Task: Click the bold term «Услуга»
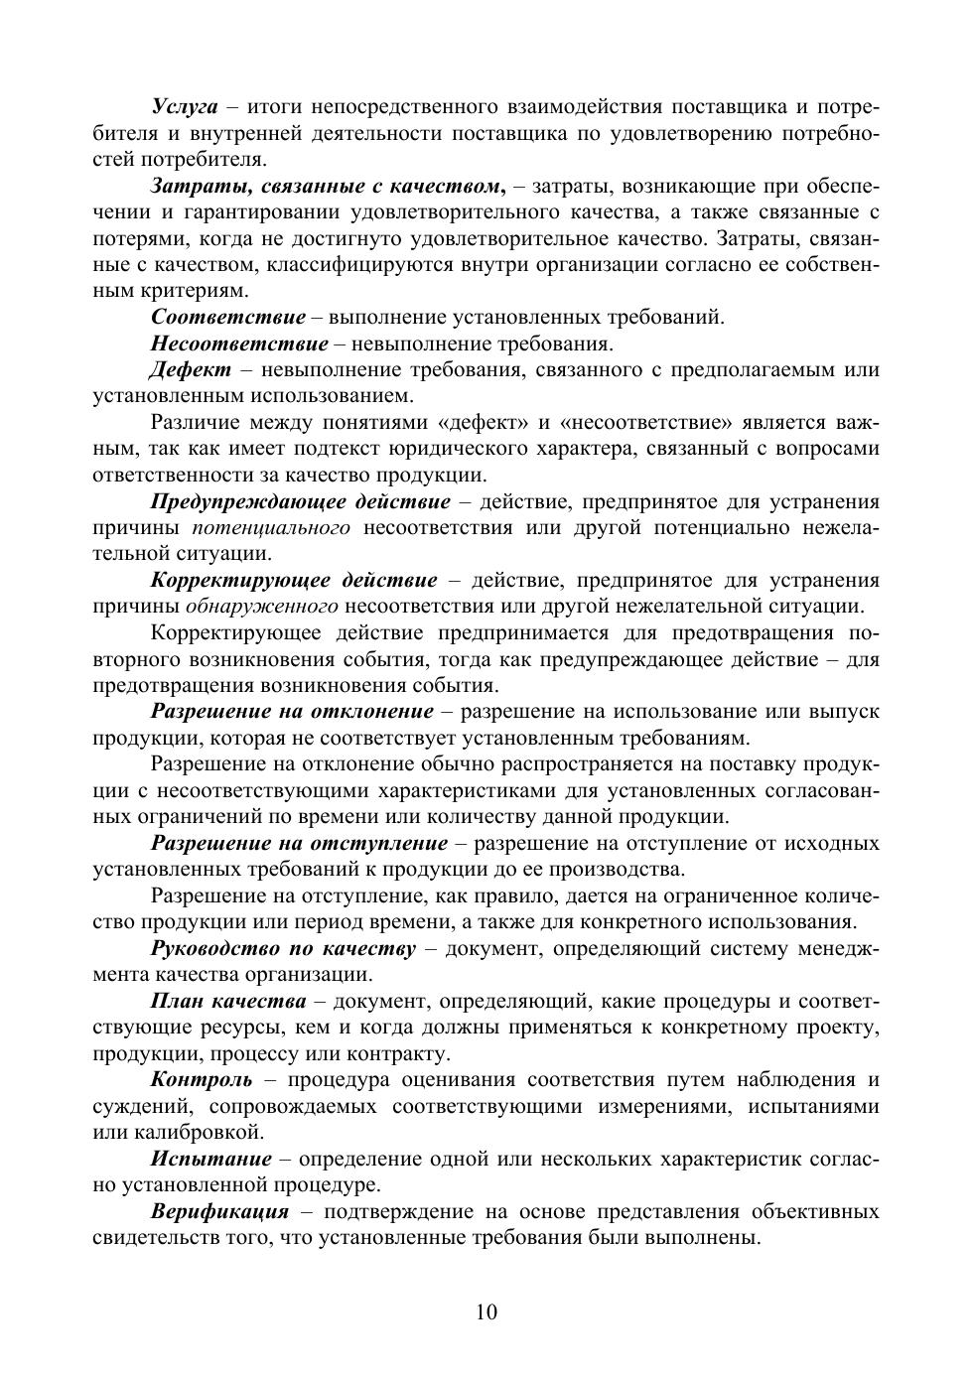tap(184, 106)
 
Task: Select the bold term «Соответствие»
tap(227, 318)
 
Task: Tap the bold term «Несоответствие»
tap(238, 344)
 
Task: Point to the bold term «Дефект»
tap(191, 370)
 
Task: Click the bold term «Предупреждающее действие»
tap(300, 502)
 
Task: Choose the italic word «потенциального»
tap(271, 528)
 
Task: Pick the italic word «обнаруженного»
tap(262, 607)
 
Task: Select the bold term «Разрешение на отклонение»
tap(292, 712)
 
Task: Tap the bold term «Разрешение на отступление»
tap(299, 844)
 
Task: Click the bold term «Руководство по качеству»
tap(283, 949)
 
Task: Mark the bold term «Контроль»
tap(201, 1080)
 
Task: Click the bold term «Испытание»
tap(210, 1160)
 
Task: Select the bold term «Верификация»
tap(219, 1212)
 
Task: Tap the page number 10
tap(486, 1312)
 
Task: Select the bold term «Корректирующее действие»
tap(294, 581)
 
